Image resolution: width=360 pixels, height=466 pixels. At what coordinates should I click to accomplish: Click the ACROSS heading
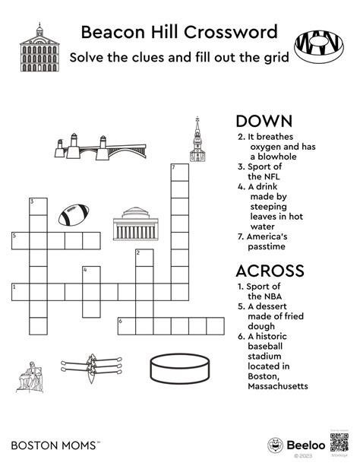(270, 271)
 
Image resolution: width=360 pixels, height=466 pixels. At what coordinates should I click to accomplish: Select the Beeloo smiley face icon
(276, 445)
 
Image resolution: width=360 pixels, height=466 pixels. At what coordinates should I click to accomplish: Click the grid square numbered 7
(179, 171)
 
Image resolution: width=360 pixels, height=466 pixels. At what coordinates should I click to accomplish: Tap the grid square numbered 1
(20, 291)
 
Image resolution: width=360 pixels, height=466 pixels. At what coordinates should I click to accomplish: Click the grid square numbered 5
(20, 241)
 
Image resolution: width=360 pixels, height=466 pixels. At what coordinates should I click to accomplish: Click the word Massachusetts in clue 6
(277, 386)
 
